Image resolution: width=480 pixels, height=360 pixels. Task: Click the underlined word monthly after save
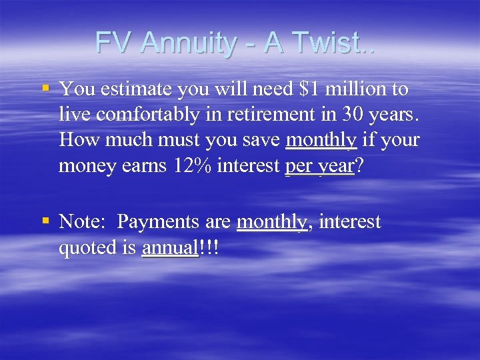point(321,140)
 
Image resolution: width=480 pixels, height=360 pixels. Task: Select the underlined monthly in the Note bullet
point(273,221)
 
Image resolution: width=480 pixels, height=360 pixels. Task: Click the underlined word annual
point(169,247)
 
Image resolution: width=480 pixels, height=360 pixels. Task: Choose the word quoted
point(86,247)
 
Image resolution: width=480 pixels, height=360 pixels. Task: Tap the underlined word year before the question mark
point(335,166)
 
